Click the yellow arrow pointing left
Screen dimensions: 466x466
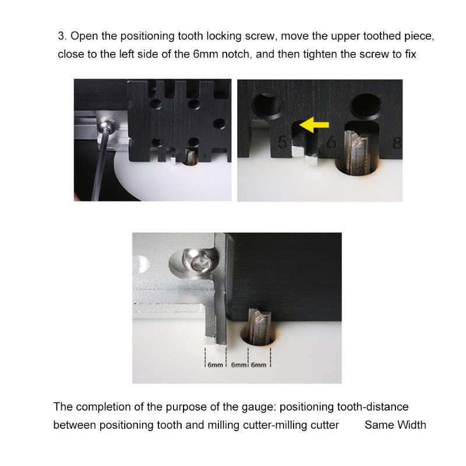313,123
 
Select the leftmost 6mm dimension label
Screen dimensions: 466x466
214,365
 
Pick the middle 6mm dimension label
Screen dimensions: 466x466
238,365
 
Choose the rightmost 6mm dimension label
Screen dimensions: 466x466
259,365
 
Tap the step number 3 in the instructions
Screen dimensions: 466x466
61,36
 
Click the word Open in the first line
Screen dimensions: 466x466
83,36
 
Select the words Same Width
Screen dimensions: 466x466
395,425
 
